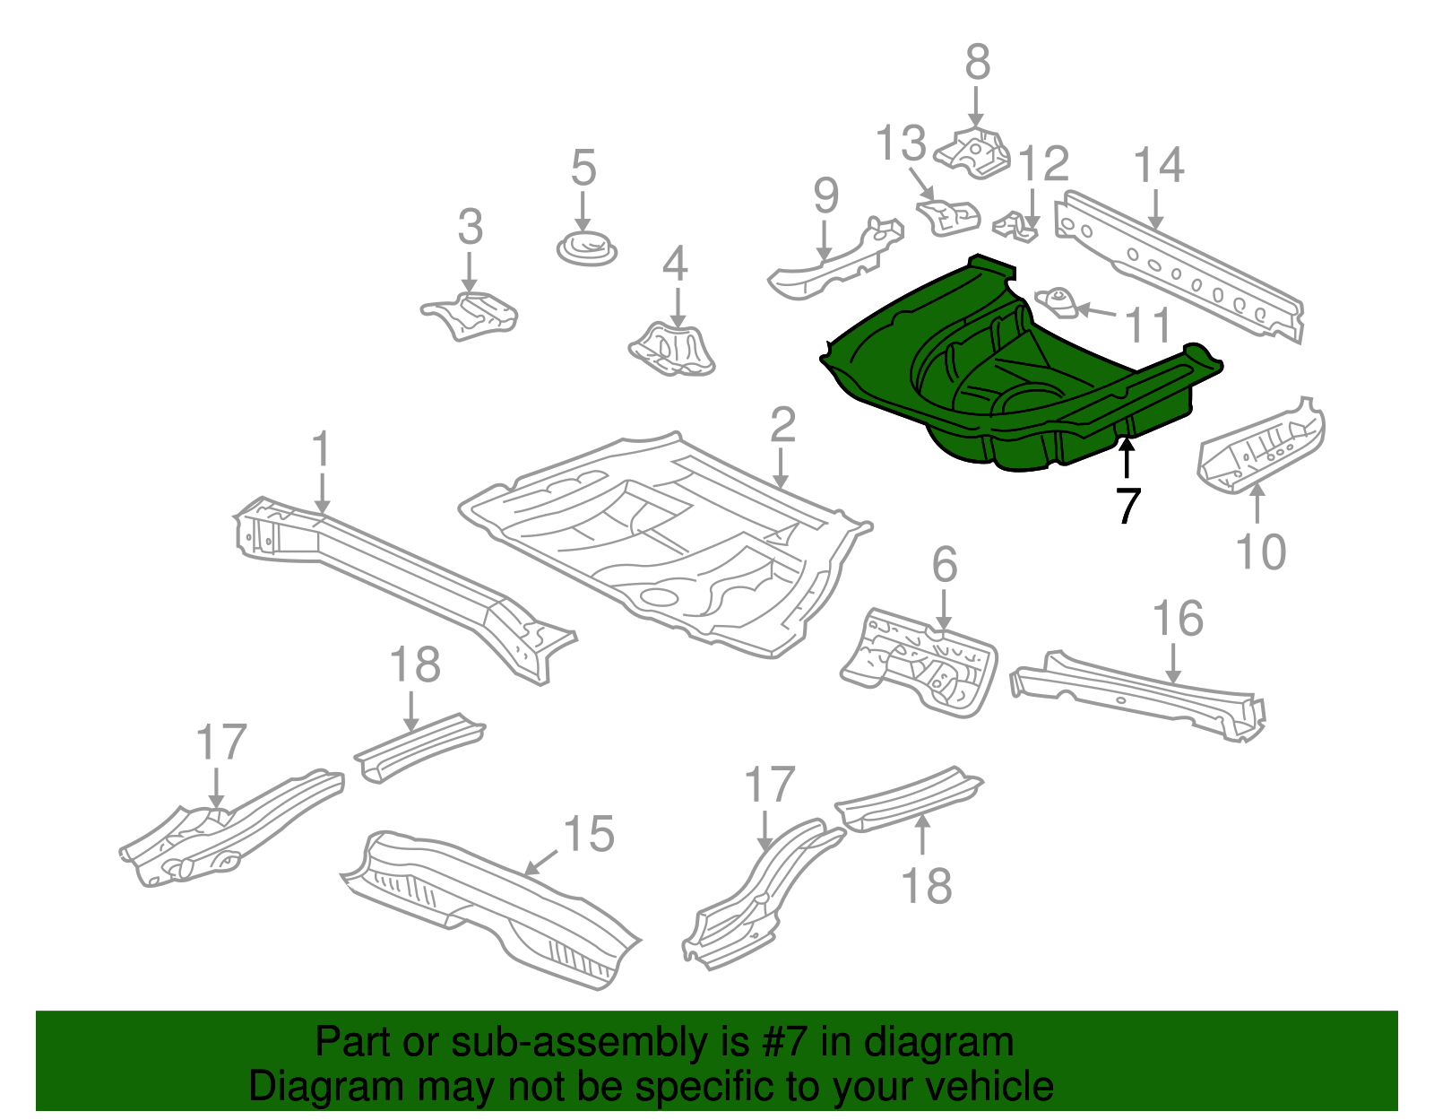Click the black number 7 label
click(1127, 507)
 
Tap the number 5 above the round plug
click(583, 168)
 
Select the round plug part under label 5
click(587, 247)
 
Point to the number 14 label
click(1159, 166)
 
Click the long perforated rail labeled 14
click(1183, 269)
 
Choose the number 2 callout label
click(782, 424)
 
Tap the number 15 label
click(589, 834)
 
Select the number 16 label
click(1177, 619)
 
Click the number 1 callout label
click(321, 449)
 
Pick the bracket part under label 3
click(471, 316)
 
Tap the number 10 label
click(1260, 551)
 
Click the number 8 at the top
click(977, 63)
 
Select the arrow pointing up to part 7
click(1127, 457)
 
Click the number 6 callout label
click(945, 565)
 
